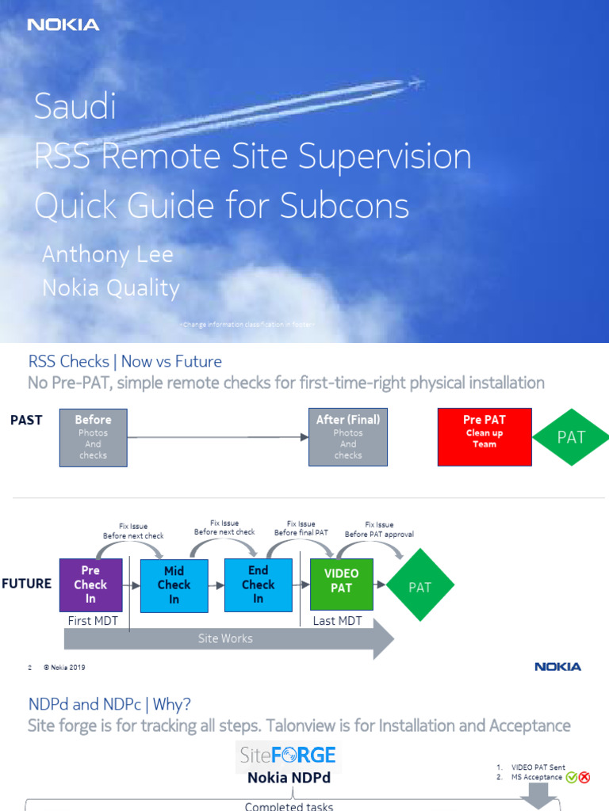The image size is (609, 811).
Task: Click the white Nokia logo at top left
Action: [x=63, y=25]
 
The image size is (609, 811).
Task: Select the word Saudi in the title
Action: [x=75, y=107]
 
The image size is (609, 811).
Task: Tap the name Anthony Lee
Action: [x=107, y=254]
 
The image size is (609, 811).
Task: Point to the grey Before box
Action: [x=94, y=437]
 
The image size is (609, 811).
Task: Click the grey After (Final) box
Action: [x=348, y=437]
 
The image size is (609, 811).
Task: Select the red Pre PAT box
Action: [x=484, y=437]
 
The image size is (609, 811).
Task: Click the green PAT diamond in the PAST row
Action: [x=571, y=437]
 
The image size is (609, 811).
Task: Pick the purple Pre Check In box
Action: [x=90, y=585]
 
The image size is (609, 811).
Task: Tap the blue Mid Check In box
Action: [x=174, y=585]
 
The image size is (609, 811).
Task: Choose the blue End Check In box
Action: [x=259, y=585]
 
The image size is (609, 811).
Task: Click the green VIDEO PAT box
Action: [x=342, y=585]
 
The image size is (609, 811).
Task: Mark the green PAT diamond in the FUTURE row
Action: [x=419, y=587]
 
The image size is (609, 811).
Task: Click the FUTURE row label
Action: [x=26, y=584]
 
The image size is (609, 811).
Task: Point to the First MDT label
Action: [x=93, y=621]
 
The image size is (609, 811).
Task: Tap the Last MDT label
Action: [x=337, y=621]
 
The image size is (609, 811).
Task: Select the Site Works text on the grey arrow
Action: [x=225, y=638]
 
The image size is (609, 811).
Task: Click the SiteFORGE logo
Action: [x=288, y=755]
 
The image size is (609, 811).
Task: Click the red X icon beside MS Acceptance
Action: [x=584, y=778]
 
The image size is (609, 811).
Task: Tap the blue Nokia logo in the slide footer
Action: [x=557, y=667]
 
